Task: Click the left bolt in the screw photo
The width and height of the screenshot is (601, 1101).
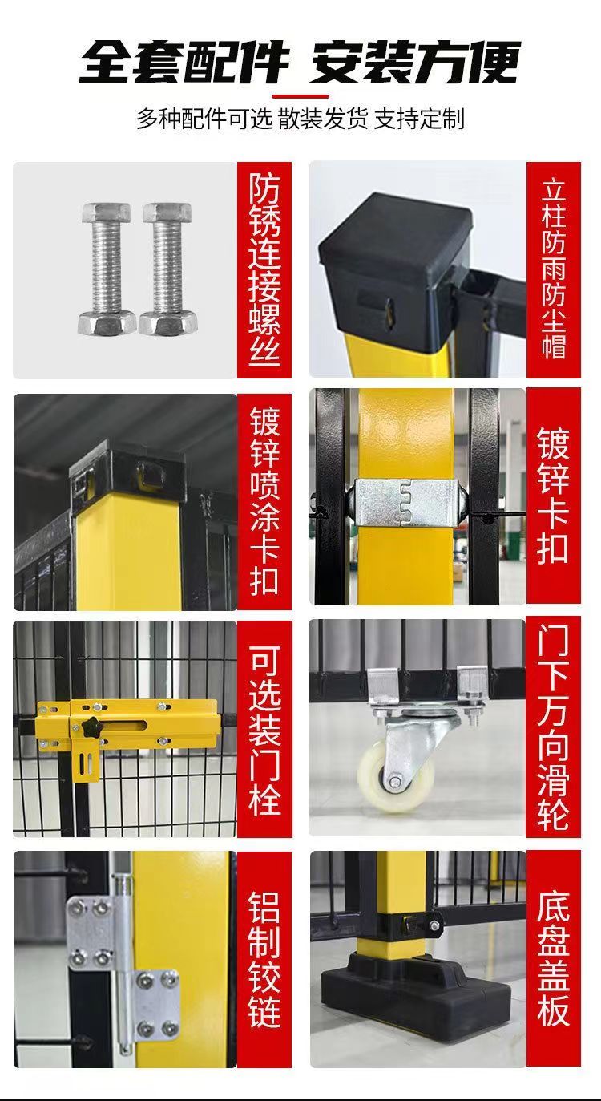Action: click(x=106, y=269)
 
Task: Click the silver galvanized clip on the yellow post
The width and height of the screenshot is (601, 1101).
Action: click(x=406, y=501)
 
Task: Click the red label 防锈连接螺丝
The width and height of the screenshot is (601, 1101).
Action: click(x=264, y=270)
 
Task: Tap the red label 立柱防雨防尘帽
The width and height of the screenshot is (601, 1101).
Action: click(x=554, y=270)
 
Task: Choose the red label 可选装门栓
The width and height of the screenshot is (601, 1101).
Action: click(x=264, y=730)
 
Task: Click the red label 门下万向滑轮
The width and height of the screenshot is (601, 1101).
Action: click(x=554, y=730)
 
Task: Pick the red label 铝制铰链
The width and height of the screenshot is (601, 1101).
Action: click(x=264, y=959)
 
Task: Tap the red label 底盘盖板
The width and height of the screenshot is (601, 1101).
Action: click(x=554, y=959)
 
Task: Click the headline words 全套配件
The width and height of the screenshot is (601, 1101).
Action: click(x=184, y=63)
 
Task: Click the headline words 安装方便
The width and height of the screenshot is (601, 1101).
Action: click(x=415, y=63)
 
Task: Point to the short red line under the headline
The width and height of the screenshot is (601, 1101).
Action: click(x=300, y=96)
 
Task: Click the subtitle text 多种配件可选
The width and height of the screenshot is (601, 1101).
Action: click(x=204, y=119)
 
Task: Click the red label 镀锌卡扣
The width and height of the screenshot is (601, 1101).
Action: click(x=554, y=496)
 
